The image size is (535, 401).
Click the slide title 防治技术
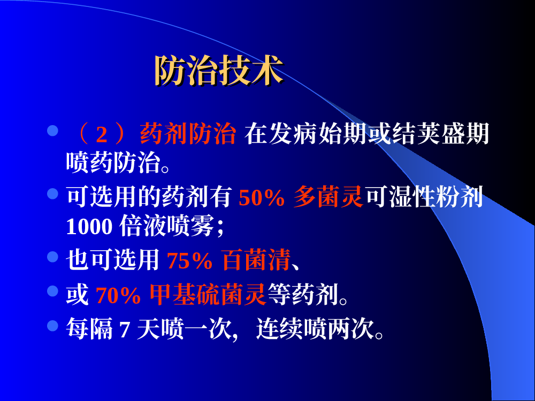pyautogui.click(x=219, y=70)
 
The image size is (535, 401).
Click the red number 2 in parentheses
pyautogui.click(x=101, y=134)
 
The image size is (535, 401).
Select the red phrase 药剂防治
pyautogui.click(x=188, y=134)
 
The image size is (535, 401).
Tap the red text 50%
pyautogui.click(x=262, y=197)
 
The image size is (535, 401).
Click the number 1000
pyautogui.click(x=89, y=226)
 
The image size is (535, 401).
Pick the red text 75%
pyautogui.click(x=190, y=261)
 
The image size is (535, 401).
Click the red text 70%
pyautogui.click(x=118, y=295)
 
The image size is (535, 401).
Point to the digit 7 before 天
pyautogui.click(x=125, y=330)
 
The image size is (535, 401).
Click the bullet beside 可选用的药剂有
pyautogui.click(x=52, y=194)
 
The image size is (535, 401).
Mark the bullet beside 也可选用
pyautogui.click(x=52, y=257)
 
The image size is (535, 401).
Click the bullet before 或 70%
pyautogui.click(x=52, y=291)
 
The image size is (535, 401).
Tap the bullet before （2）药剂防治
pyautogui.click(x=52, y=130)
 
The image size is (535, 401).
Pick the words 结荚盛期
pyautogui.click(x=441, y=133)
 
